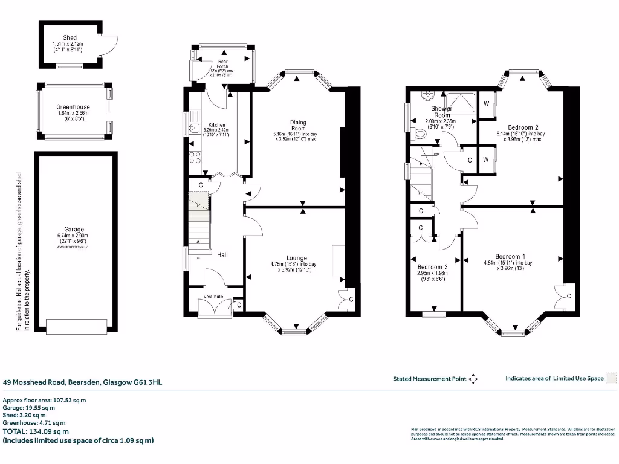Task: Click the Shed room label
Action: (70, 38)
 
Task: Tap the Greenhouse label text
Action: (73, 107)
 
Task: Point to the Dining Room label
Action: (299, 126)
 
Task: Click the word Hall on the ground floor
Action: (222, 256)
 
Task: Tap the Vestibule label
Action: (213, 297)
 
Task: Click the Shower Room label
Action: (441, 112)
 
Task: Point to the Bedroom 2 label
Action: (523, 128)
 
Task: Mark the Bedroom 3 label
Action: (432, 267)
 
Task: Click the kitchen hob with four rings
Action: (196, 158)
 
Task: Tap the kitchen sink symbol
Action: (195, 127)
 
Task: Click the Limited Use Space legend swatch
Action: (611, 378)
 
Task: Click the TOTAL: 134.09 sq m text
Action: (36, 431)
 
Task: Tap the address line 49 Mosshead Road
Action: (82, 382)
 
